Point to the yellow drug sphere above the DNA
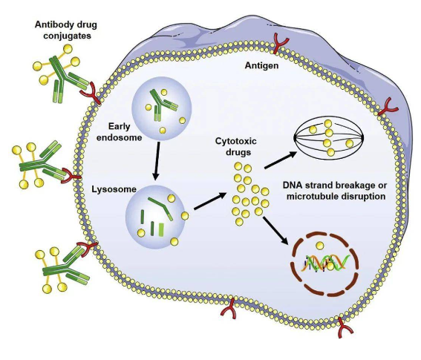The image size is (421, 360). click(321, 245)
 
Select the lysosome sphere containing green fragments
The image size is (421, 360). click(155, 215)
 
